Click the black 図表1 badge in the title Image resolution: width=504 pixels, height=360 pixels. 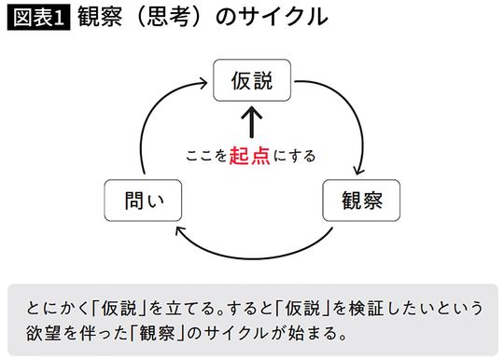pos(36,19)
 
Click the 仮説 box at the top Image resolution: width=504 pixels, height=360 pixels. pos(251,81)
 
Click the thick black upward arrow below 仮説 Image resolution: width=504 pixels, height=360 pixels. pos(251,126)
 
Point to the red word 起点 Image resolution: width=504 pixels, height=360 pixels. pos(250,155)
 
